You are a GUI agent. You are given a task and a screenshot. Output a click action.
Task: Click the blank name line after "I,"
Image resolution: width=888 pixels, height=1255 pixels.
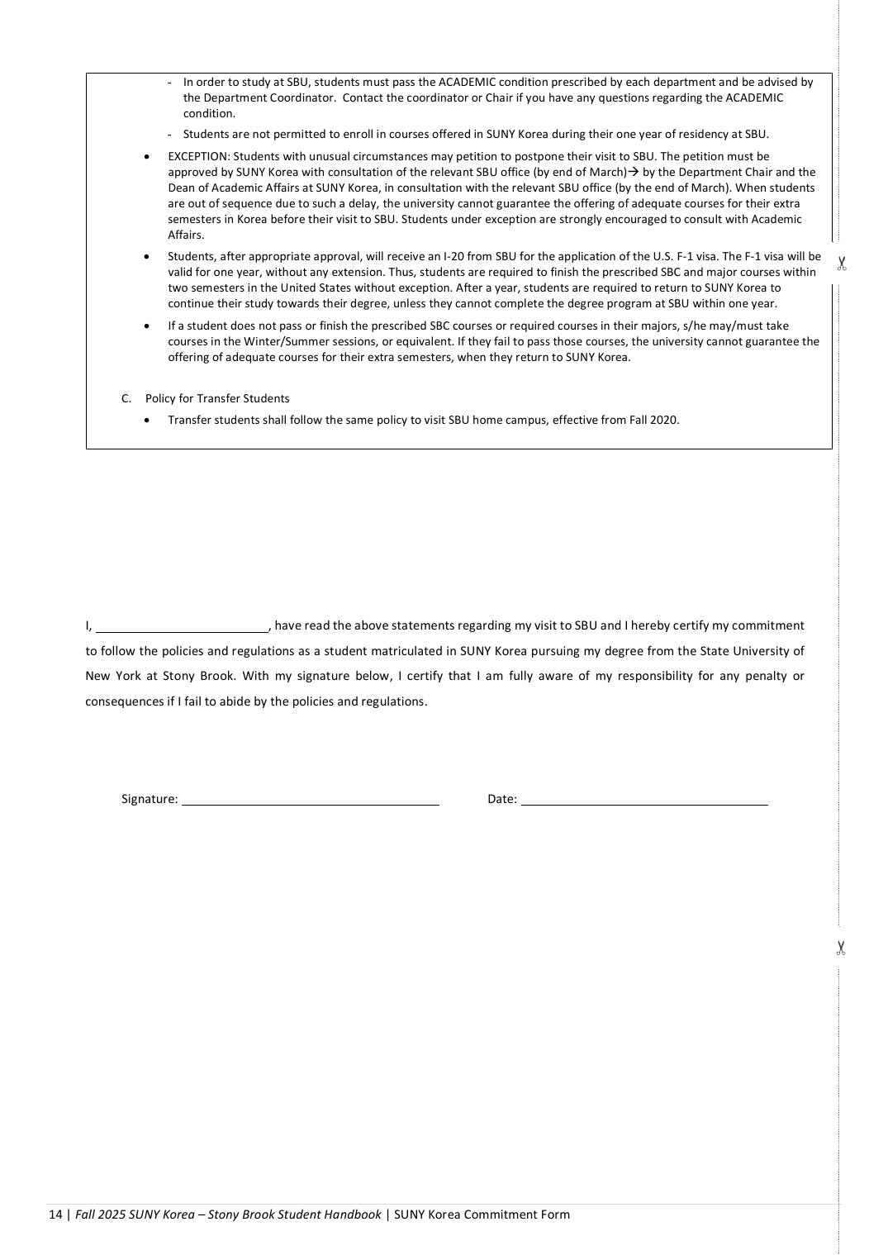coord(182,627)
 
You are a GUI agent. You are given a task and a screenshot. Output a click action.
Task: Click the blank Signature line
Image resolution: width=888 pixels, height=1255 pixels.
coord(310,801)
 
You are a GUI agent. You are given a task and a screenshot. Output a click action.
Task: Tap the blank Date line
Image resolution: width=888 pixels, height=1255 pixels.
coord(644,801)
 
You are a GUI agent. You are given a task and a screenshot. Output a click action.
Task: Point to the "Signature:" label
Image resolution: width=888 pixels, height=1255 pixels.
coord(150,799)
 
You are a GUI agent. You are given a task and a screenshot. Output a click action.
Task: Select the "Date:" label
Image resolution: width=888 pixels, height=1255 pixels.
coord(502,799)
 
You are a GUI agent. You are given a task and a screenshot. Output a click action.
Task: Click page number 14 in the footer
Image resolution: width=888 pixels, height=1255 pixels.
coord(55,1215)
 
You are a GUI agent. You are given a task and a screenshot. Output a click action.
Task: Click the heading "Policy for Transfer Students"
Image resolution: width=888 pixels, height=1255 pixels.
coord(217,398)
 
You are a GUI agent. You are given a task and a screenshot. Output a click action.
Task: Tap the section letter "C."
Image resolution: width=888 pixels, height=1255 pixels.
coord(126,398)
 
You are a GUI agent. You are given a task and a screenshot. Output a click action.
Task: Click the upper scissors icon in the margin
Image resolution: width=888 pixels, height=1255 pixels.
coord(842,264)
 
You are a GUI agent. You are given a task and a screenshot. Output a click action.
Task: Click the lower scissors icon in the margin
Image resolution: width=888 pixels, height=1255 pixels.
coord(841,948)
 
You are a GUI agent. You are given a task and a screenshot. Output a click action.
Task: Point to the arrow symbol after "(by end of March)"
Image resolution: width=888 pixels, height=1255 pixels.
coord(633,172)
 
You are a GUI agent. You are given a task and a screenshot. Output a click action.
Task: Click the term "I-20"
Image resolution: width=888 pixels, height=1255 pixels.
coord(453,256)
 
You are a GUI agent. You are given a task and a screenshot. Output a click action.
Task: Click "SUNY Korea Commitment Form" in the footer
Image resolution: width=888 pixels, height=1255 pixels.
coord(482,1215)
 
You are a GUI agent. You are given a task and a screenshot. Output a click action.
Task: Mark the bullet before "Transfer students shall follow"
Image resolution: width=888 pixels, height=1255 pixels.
coord(147,421)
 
